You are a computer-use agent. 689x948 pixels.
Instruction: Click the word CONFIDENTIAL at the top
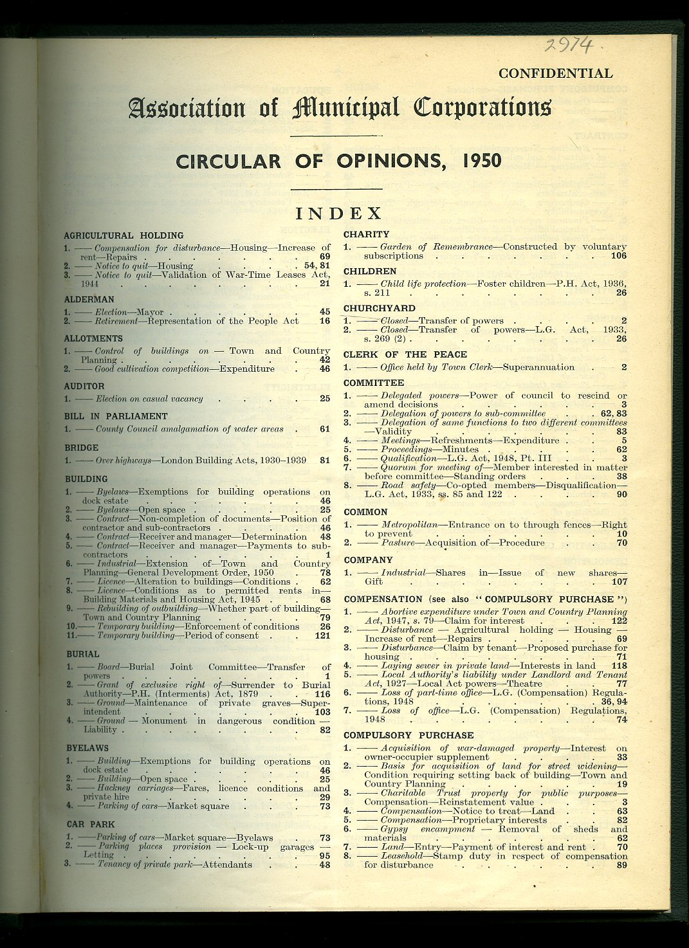point(555,74)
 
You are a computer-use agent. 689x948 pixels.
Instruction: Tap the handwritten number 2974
point(568,44)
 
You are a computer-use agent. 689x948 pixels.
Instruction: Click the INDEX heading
point(338,213)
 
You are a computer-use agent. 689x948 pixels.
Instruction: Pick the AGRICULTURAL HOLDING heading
point(124,235)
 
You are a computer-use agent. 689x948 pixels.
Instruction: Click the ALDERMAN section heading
point(89,299)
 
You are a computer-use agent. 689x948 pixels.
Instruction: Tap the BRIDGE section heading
point(82,448)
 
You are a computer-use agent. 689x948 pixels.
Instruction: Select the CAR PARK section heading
point(91,824)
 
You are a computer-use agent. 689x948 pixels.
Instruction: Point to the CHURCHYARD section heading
point(380,308)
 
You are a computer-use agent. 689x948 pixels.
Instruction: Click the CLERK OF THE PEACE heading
point(405,354)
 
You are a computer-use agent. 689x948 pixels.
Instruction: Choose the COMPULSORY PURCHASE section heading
point(409,735)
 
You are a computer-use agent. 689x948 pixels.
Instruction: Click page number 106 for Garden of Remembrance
point(618,256)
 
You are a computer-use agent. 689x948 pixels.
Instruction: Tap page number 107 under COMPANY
point(618,582)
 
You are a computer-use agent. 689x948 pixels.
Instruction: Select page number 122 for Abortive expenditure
point(618,621)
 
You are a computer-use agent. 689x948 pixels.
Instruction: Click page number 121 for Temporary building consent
point(322,635)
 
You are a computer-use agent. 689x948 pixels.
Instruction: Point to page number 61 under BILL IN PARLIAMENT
point(325,429)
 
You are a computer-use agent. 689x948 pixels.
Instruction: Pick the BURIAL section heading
point(83,654)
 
